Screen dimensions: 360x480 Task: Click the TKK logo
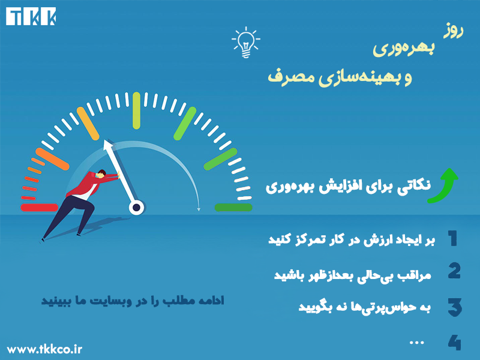(x=32, y=17)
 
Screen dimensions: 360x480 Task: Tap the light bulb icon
(x=245, y=42)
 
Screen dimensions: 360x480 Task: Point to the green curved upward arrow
(x=444, y=185)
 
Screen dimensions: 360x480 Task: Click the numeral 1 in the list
(x=452, y=239)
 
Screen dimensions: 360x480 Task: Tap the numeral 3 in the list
(x=454, y=307)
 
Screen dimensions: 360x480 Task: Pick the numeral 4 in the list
(x=454, y=343)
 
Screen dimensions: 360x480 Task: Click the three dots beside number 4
(x=416, y=342)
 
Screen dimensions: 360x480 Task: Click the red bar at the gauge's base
(x=39, y=208)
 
